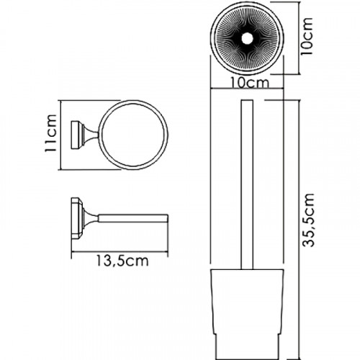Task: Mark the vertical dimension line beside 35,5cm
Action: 297,216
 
